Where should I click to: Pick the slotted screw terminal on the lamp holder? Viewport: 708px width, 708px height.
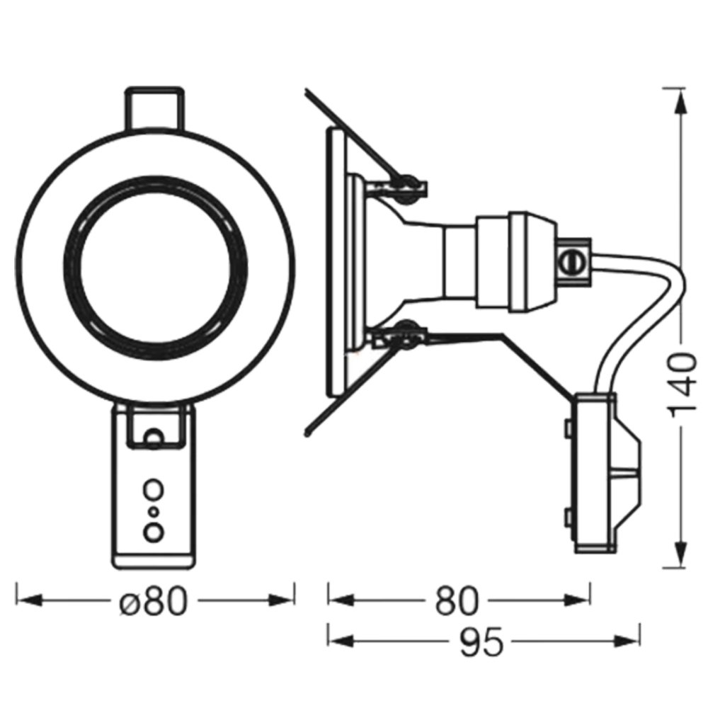pos(571,263)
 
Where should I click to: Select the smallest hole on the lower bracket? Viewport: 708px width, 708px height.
pos(153,510)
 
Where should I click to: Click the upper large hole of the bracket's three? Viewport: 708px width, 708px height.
pos(153,489)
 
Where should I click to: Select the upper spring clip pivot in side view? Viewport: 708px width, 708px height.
pos(406,183)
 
